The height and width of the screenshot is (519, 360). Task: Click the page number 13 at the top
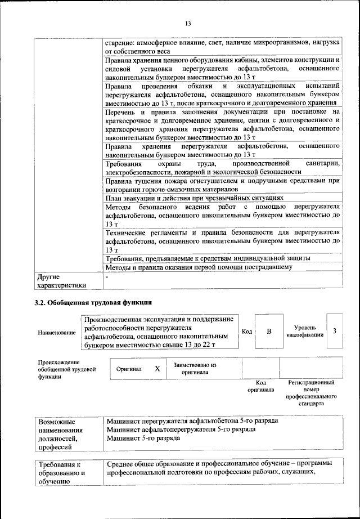188,23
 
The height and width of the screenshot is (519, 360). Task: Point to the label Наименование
57,333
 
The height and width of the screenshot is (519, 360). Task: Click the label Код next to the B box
246,331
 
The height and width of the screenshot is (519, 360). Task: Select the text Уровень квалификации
304,331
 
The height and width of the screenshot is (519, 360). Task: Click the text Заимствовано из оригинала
195,368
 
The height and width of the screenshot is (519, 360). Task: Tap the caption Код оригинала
260,386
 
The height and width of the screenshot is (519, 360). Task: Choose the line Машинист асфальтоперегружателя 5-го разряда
181,429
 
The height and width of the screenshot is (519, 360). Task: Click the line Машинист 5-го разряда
143,437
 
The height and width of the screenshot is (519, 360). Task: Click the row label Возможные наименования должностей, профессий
60,434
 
